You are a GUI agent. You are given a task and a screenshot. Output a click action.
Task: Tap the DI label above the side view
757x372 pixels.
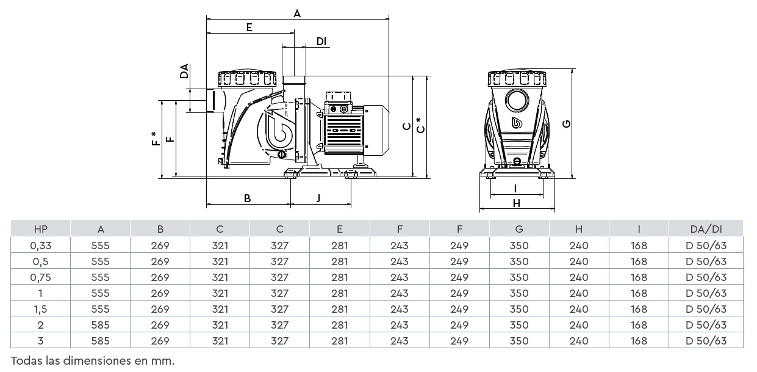(x=321, y=41)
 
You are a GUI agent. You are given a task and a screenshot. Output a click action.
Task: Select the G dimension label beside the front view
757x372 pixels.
(x=567, y=123)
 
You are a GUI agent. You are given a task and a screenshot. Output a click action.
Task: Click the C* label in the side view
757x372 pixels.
(x=419, y=126)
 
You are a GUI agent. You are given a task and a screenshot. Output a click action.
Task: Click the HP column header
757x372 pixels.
(x=41, y=229)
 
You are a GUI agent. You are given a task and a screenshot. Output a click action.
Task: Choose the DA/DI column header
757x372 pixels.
(x=706, y=229)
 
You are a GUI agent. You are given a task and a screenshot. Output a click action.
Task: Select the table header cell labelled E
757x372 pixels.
(x=339, y=229)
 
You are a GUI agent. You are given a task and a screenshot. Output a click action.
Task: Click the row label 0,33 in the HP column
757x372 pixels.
(x=41, y=246)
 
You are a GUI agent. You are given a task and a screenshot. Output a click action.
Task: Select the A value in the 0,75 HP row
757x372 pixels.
(x=101, y=277)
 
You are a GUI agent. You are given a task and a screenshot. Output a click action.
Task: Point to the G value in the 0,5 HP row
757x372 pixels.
(x=519, y=261)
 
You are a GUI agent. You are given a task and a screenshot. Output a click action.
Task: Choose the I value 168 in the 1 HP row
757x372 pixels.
(x=639, y=293)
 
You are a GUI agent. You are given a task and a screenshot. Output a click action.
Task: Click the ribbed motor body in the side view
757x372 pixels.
(x=343, y=131)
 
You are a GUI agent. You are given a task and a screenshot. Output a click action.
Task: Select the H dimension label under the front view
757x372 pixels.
(x=517, y=203)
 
